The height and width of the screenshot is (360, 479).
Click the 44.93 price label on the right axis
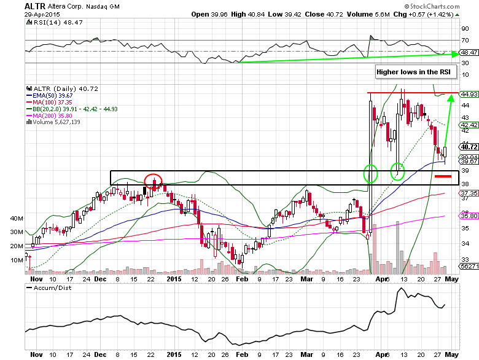pos(469,94)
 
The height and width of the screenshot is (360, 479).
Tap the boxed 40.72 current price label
pos(469,147)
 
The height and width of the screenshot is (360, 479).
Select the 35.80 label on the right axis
pos(469,216)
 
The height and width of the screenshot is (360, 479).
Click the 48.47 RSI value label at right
pos(469,53)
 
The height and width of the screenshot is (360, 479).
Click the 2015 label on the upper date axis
pos(174,278)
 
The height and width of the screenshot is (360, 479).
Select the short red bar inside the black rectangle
pos(442,177)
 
